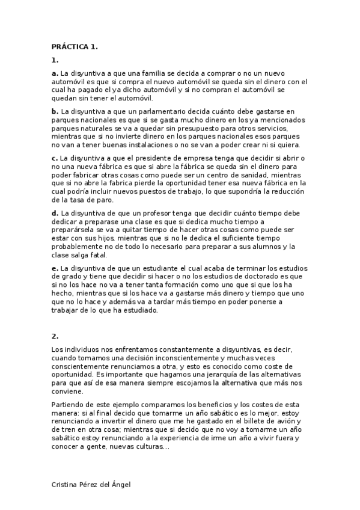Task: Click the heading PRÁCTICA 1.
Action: tap(75, 46)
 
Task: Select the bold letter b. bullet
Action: tap(55, 111)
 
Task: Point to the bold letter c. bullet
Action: tap(55, 158)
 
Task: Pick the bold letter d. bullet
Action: tap(55, 213)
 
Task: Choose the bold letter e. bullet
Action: tap(55, 268)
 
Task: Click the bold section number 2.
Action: tap(55, 336)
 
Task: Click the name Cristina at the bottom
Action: tap(66, 484)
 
